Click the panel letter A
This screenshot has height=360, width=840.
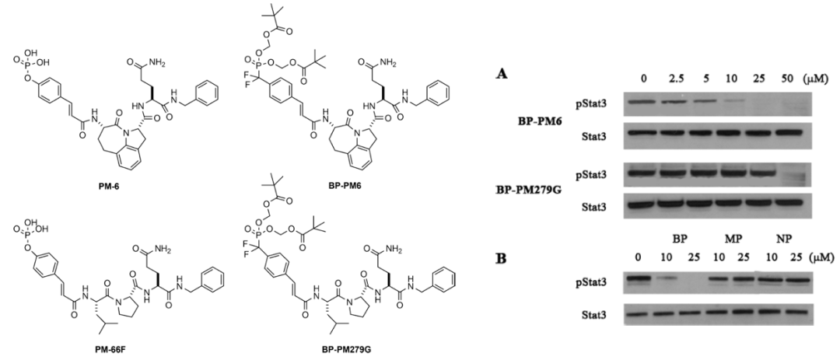(502, 74)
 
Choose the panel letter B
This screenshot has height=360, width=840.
(502, 253)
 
